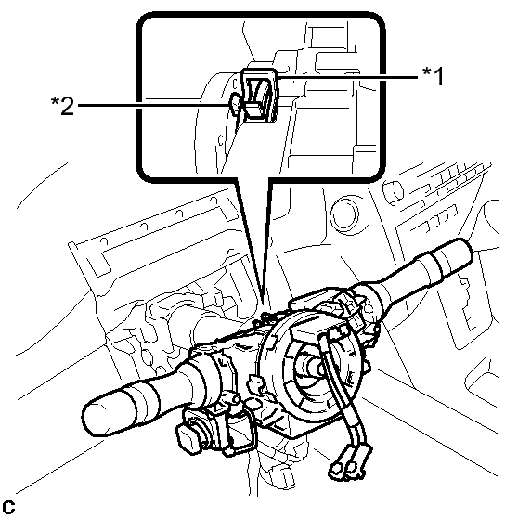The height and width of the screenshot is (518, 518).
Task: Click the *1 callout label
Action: pyautogui.click(x=434, y=76)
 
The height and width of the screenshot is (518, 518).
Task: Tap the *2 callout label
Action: pyautogui.click(x=62, y=106)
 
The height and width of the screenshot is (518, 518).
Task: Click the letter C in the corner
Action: pyautogui.click(x=8, y=507)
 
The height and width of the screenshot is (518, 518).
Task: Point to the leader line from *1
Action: pyautogui.click(x=348, y=78)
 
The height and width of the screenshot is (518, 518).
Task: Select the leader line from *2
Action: pyautogui.click(x=153, y=106)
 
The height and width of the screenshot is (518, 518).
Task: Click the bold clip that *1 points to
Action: pyautogui.click(x=260, y=95)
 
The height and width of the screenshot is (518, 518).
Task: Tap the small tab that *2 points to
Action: pyautogui.click(x=235, y=104)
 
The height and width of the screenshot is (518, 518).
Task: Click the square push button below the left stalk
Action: pyautogui.click(x=188, y=439)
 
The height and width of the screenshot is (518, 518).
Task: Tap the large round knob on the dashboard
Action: pyautogui.click(x=344, y=215)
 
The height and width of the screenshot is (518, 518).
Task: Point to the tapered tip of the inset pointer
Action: pyautogui.click(x=263, y=300)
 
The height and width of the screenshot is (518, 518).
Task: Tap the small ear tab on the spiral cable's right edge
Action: pyautogui.click(x=367, y=366)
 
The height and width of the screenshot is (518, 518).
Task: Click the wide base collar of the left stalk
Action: pyautogui.click(x=205, y=377)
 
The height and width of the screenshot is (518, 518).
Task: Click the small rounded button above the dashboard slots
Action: pyautogui.click(x=393, y=191)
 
